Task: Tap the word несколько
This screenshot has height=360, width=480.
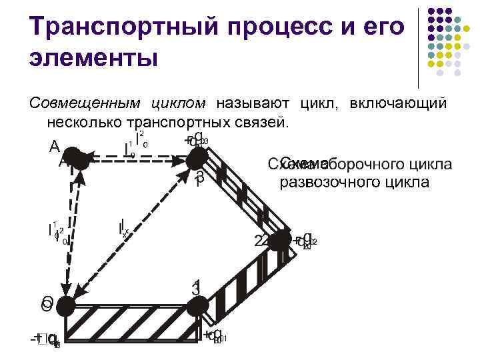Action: pyautogui.click(x=82, y=122)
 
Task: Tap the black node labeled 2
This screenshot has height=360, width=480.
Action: pyautogui.click(x=281, y=241)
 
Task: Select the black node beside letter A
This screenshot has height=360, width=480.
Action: pyautogui.click(x=79, y=160)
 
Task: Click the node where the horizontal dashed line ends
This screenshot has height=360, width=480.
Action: pyautogui.click(x=197, y=158)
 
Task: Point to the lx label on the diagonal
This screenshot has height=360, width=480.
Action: pyautogui.click(x=124, y=228)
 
